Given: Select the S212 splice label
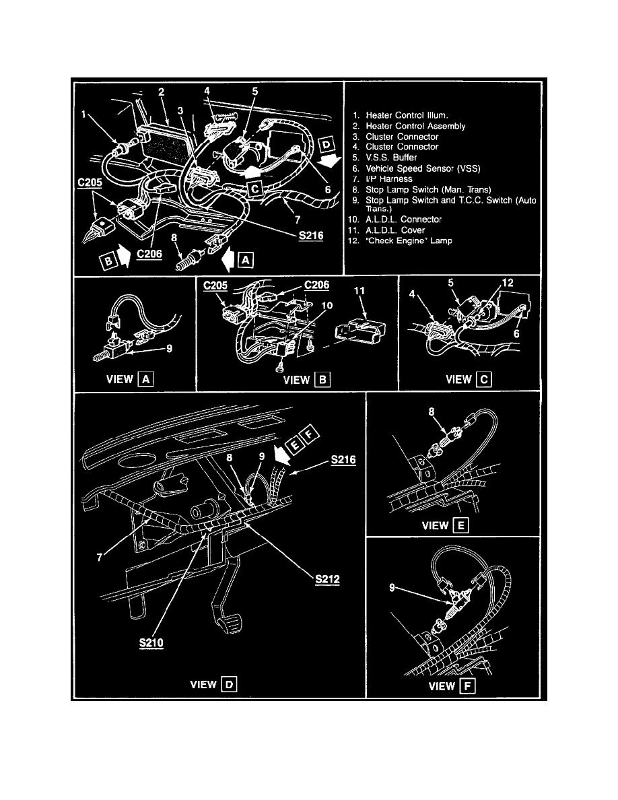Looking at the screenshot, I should click(x=327, y=578).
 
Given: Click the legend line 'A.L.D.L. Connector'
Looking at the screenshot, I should click(x=403, y=220).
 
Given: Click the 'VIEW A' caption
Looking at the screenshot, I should click(x=129, y=378).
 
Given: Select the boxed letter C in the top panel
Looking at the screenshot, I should click(x=255, y=189).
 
